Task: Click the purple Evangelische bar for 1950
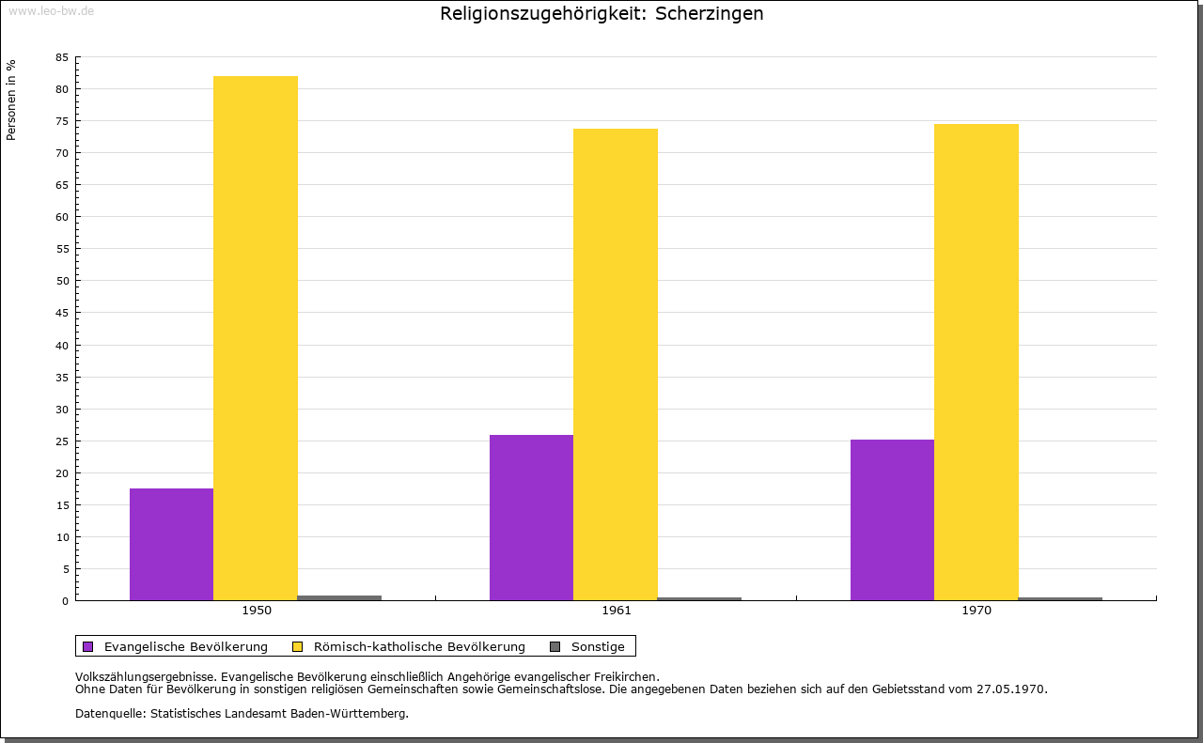171,544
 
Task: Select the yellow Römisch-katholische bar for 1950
256,338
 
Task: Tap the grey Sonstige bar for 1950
339,597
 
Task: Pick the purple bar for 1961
531,518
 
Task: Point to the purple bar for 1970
892,519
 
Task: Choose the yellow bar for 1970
976,362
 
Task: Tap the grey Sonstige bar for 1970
1060,598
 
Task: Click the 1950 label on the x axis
257,611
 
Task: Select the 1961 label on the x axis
617,611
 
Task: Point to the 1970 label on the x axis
976,611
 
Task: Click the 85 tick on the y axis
62,57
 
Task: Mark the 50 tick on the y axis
62,281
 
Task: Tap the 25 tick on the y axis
62,441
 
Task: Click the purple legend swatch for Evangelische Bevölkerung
88,646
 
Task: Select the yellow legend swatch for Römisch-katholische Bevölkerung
297,646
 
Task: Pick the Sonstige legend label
598,646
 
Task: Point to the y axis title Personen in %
11,100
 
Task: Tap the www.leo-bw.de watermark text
51,9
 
